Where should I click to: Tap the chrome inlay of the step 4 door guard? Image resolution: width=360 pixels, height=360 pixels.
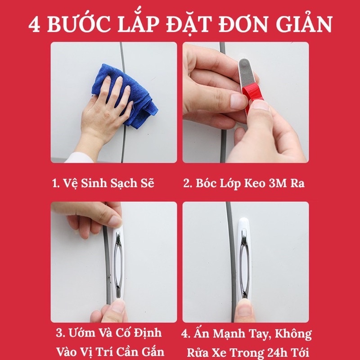click(244, 265)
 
